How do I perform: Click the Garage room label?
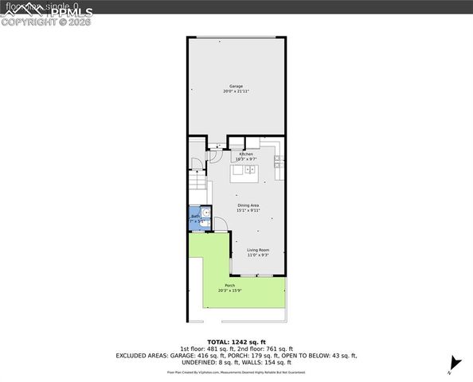[236, 86]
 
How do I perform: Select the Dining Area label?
[248, 205]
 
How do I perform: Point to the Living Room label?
[257, 250]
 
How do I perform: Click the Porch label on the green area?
[229, 286]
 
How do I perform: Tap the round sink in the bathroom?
[205, 213]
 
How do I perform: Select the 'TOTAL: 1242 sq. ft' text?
[236, 341]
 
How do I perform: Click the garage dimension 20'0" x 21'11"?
[236, 92]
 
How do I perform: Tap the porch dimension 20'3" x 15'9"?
[229, 290]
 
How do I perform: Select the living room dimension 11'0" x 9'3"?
[257, 255]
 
